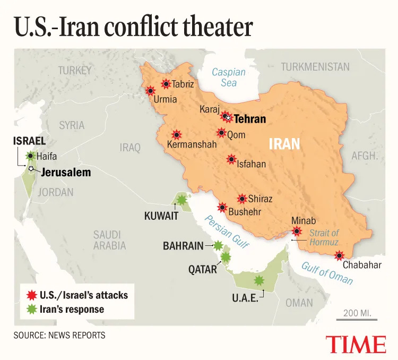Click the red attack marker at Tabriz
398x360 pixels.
pyautogui.click(x=166, y=83)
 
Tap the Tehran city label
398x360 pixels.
pyautogui.click(x=250, y=119)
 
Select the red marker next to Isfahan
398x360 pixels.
pyautogui.click(x=231, y=159)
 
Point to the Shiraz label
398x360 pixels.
pyautogui.click(x=260, y=199)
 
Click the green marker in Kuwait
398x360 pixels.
pyautogui.click(x=182, y=200)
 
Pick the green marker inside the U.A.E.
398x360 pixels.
pyautogui.click(x=259, y=280)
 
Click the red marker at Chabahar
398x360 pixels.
pyautogui.click(x=339, y=256)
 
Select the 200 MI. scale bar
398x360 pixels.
pyautogui.click(x=356, y=319)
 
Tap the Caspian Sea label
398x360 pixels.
pyautogui.click(x=228, y=78)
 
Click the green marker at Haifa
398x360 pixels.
pyautogui.click(x=31, y=156)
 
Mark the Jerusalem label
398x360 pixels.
pyautogui.click(x=66, y=173)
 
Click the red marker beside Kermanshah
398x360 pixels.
pyautogui.click(x=176, y=135)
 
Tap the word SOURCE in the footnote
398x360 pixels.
pyautogui.click(x=29, y=335)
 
